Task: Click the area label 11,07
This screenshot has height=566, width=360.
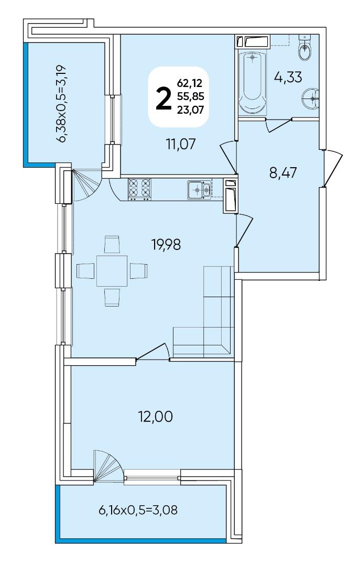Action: click(181, 144)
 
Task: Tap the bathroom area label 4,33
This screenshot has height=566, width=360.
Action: click(288, 77)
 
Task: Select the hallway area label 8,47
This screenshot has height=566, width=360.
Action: click(283, 173)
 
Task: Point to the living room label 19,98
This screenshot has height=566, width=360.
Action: click(166, 245)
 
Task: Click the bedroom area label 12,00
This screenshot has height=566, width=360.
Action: click(155, 417)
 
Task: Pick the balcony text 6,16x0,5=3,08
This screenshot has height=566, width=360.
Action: click(138, 510)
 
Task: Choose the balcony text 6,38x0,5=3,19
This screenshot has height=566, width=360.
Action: click(63, 104)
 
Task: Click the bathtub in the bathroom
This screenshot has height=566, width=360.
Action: click(252, 82)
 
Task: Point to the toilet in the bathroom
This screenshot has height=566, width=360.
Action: click(305, 47)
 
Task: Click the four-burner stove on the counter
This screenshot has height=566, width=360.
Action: click(139, 190)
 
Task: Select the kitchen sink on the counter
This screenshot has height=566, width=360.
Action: click(199, 190)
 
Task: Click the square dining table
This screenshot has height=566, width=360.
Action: click(112, 271)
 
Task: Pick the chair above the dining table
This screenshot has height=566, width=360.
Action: click(112, 244)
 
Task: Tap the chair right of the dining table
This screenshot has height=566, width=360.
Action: click(139, 271)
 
